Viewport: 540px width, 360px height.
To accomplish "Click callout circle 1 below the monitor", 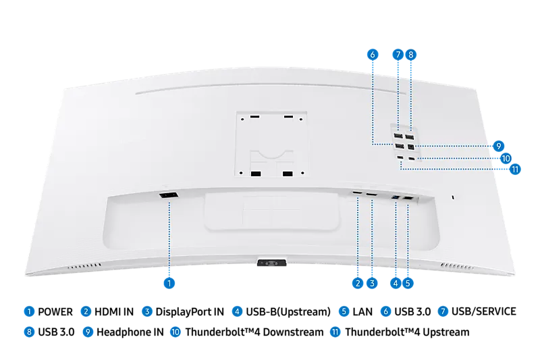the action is (x=169, y=283).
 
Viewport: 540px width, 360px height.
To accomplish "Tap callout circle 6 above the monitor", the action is (x=373, y=55).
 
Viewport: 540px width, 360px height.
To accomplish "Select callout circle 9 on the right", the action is (x=498, y=146).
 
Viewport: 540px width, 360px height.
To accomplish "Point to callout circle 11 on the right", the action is (x=515, y=169).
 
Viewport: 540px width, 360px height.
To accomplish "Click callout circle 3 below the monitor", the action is (x=372, y=283).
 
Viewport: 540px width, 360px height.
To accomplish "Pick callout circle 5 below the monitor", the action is (x=408, y=283).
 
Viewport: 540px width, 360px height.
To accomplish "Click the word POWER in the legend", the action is (x=55, y=312).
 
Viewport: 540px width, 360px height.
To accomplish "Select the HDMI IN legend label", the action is (x=114, y=312).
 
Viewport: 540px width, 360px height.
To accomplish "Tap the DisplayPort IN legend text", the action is (x=190, y=312).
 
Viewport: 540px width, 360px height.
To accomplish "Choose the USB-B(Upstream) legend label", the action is (x=288, y=312).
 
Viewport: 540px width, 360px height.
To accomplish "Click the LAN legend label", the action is (x=362, y=312).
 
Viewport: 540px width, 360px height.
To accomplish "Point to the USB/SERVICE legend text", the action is (x=483, y=311).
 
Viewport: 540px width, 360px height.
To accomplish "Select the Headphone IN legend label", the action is (x=130, y=332).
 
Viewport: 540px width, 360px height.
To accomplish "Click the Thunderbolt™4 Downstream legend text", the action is (x=254, y=332).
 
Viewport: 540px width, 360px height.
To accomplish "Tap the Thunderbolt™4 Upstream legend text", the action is (x=407, y=332).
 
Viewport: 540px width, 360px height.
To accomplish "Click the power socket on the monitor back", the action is (x=168, y=195).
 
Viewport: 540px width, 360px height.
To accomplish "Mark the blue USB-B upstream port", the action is (x=396, y=197).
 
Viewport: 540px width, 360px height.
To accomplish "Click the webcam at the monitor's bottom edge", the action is (x=272, y=263).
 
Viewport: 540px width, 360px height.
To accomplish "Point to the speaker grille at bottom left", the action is (x=85, y=266).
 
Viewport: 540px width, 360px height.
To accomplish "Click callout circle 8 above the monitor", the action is (x=410, y=55).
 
